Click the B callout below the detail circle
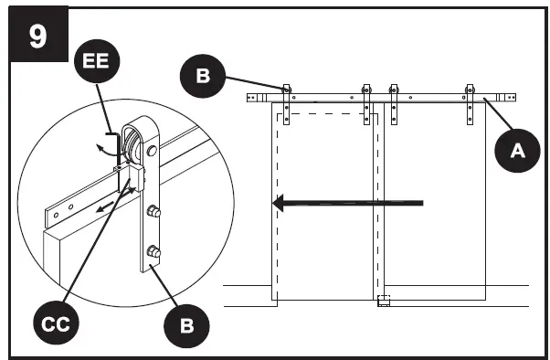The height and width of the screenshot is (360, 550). [x=185, y=322]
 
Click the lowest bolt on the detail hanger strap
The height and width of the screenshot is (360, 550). [x=154, y=251]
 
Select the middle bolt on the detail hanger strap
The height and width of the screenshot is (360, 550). [x=154, y=212]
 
